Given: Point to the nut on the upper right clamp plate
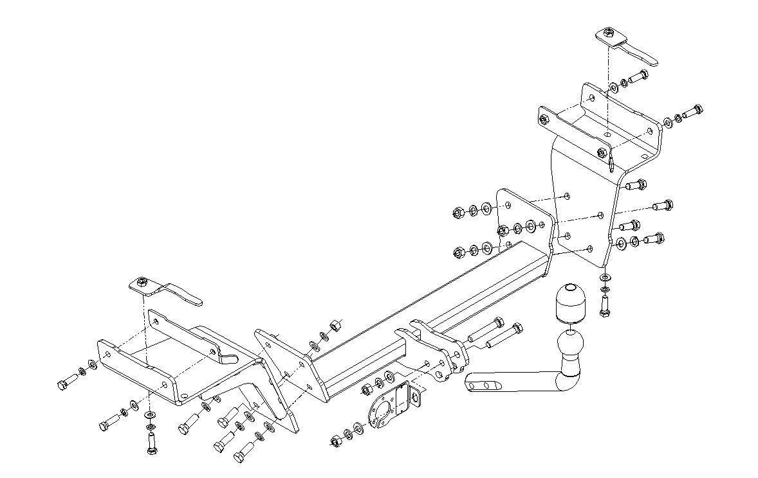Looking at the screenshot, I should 607,33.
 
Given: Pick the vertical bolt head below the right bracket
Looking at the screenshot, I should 604,310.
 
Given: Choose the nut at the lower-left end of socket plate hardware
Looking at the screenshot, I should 335,440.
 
